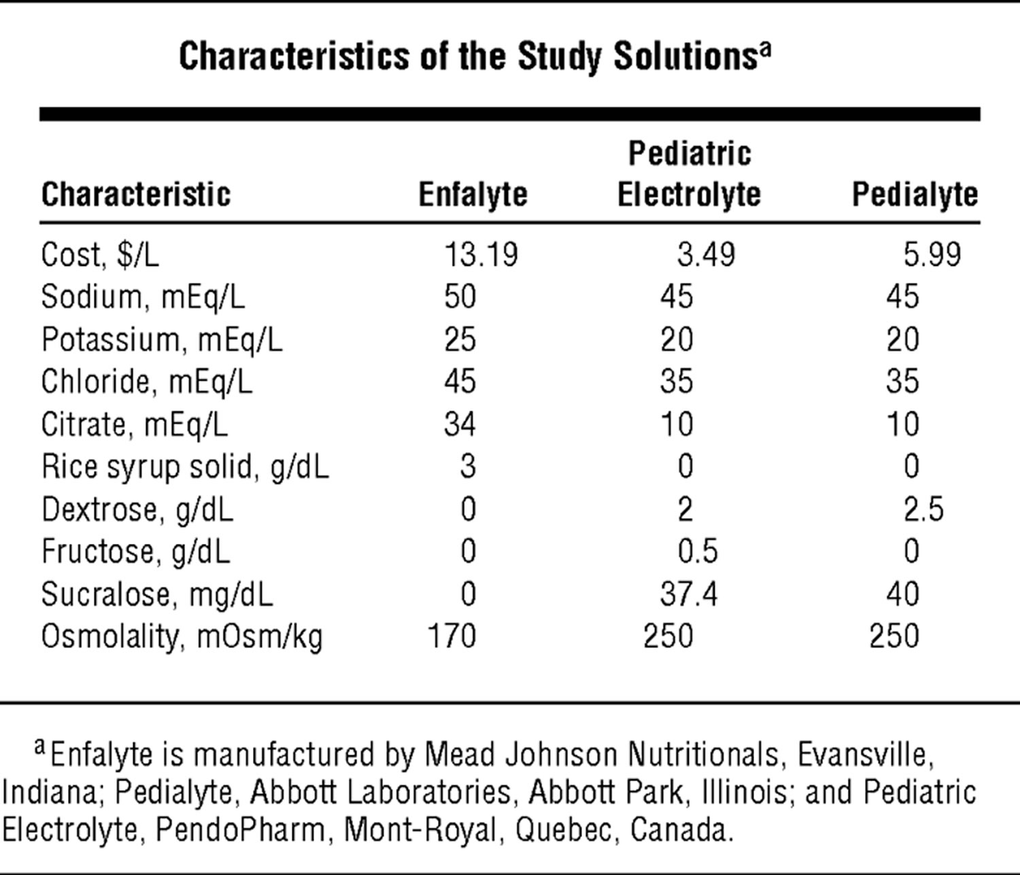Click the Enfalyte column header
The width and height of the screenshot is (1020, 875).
coord(473,195)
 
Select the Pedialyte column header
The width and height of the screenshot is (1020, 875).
coord(915,195)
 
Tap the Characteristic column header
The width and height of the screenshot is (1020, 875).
coord(136,195)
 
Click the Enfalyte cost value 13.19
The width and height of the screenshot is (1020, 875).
coord(481,255)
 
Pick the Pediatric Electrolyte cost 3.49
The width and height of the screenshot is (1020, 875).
coord(706,255)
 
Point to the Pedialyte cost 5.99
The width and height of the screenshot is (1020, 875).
coord(932,255)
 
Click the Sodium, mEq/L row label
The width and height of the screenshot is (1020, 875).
coord(143,297)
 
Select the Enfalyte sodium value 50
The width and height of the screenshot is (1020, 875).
coord(460,297)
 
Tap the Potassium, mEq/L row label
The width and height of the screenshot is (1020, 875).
coord(162,340)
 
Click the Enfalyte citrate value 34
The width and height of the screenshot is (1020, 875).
coord(460,424)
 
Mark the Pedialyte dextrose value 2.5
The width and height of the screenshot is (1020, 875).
coord(923,509)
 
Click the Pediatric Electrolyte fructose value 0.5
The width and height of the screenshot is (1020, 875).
coord(698,551)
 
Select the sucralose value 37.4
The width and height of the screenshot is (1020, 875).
coord(688,594)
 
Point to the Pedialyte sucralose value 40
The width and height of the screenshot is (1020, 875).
coord(902,594)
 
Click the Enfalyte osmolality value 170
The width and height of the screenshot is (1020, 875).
coord(452,636)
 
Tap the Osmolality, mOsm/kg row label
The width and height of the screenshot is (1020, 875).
coord(182,637)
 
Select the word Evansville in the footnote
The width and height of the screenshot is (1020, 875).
coord(861,755)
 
